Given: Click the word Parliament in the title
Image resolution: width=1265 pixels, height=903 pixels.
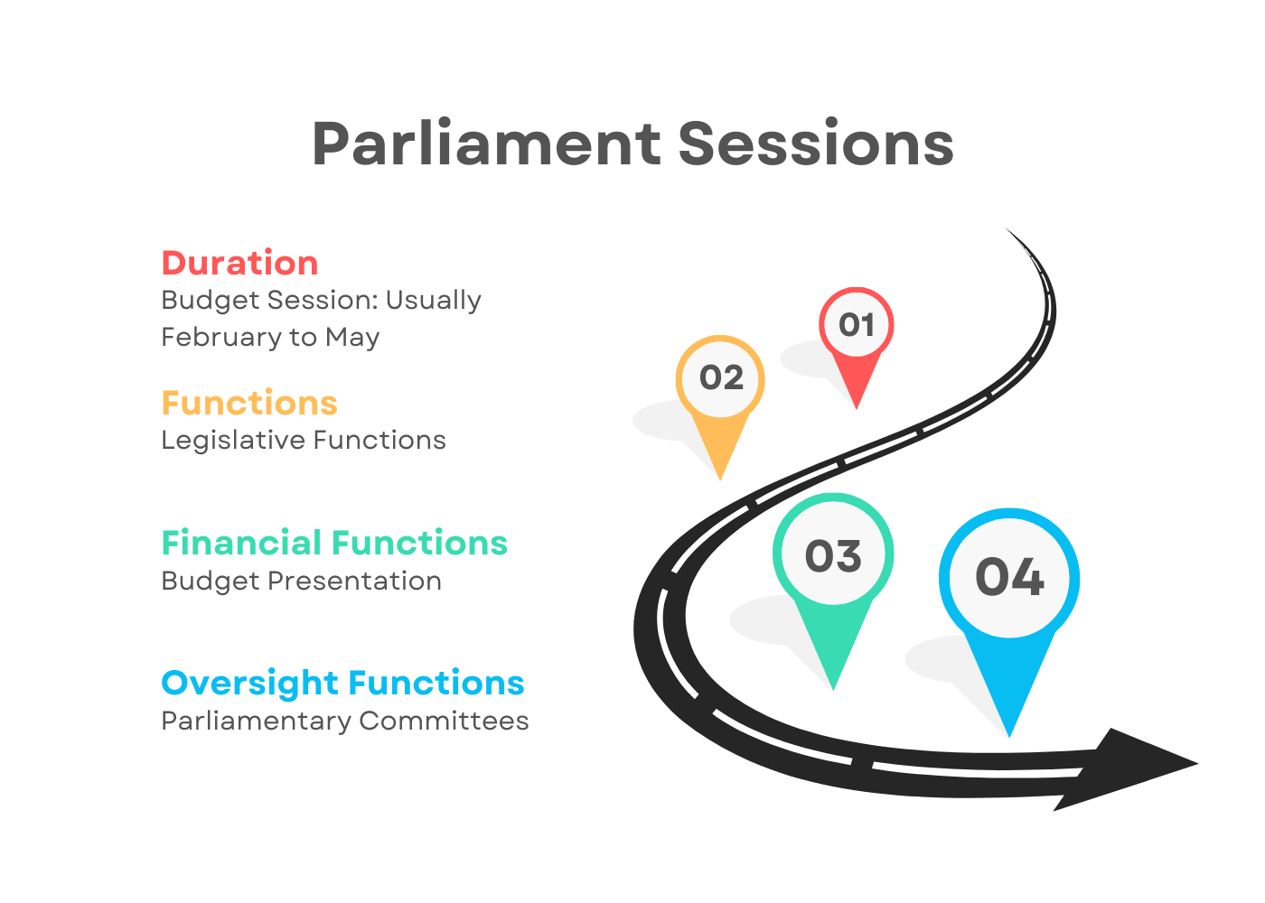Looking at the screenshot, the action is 486,144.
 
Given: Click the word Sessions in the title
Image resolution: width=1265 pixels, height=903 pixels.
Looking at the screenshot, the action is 816,144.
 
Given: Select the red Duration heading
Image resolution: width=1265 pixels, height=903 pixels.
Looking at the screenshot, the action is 240,263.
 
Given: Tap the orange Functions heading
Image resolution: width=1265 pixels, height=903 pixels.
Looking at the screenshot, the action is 249,403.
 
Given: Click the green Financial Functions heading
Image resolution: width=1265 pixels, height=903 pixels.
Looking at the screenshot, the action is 334,543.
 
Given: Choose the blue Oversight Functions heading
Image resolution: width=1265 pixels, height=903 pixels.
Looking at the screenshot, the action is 342,684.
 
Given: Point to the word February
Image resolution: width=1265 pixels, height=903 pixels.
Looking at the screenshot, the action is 222,338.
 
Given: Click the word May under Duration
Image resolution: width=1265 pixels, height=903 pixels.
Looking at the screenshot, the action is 352,338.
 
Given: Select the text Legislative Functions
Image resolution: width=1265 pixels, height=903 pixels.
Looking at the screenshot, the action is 304,441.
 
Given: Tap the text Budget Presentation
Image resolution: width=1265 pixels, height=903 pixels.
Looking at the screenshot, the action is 302,582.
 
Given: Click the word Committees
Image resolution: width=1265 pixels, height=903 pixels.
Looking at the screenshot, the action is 444,721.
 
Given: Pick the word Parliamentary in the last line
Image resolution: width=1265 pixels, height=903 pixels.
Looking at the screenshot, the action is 257,721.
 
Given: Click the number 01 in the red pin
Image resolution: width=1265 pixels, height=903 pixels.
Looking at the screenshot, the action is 857,325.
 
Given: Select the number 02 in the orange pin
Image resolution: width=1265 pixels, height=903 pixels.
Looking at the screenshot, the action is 721,377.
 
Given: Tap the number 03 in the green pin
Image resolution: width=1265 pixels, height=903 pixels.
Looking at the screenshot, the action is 833,556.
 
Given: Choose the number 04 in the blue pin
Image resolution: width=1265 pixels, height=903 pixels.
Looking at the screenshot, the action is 1009,577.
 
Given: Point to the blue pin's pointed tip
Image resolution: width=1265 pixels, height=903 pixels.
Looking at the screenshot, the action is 1009,736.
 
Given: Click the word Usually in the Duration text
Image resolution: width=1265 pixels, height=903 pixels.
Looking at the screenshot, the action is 433,300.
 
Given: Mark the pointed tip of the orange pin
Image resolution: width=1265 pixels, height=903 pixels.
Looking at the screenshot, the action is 720,479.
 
